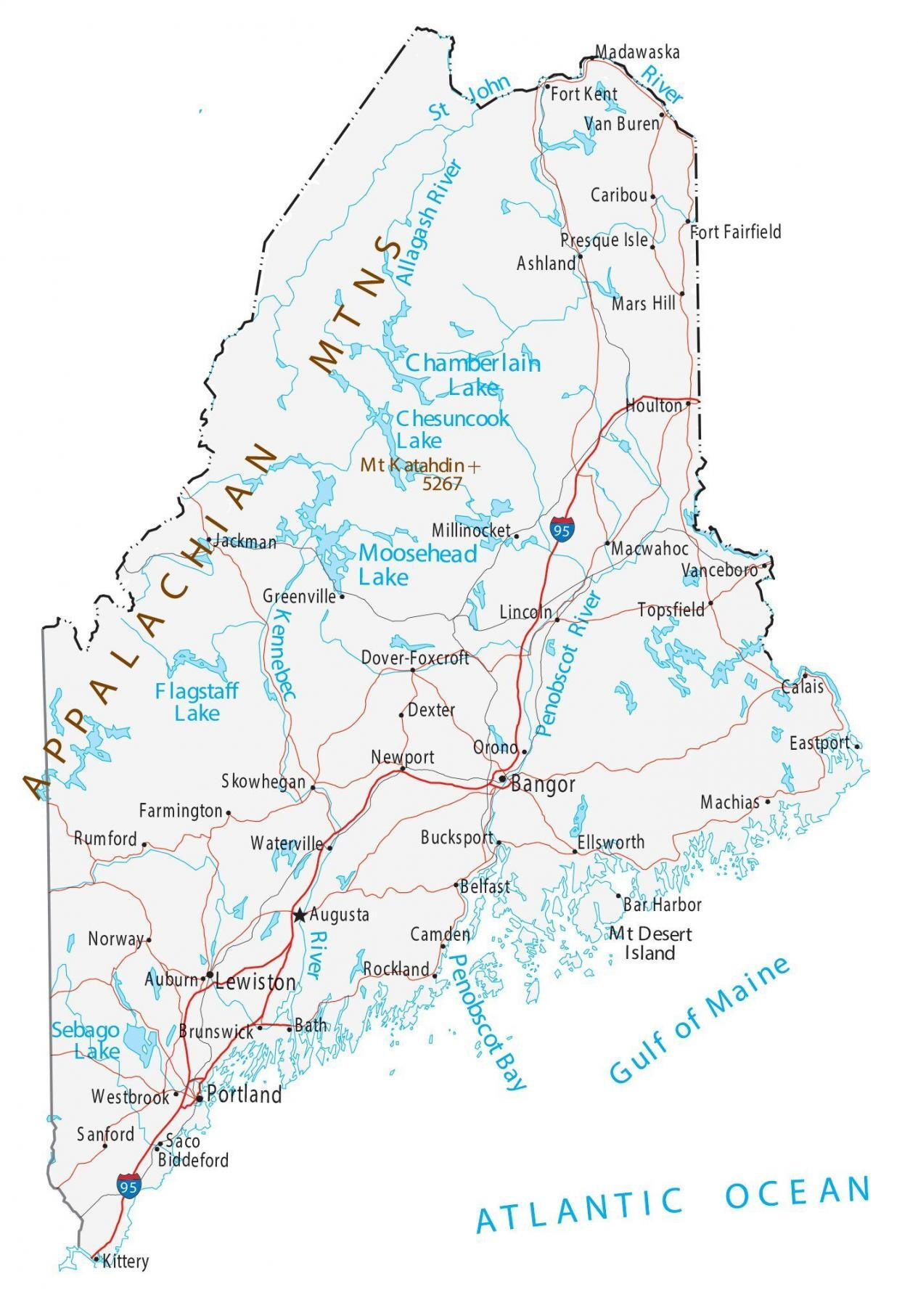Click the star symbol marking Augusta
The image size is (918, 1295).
point(299,915)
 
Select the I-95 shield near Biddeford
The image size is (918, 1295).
point(128,1186)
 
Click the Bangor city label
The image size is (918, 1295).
point(543,784)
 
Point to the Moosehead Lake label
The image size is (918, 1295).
point(417,565)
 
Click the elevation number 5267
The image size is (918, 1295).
point(441,483)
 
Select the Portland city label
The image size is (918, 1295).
point(244,1095)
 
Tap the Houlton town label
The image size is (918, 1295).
point(654,405)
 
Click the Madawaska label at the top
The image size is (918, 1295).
point(637,52)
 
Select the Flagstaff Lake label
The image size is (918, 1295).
point(196,701)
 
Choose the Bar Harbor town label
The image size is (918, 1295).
point(663,904)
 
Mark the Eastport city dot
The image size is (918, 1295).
point(857,745)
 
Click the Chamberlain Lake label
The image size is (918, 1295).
point(472,374)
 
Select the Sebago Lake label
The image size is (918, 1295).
point(86,1040)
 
